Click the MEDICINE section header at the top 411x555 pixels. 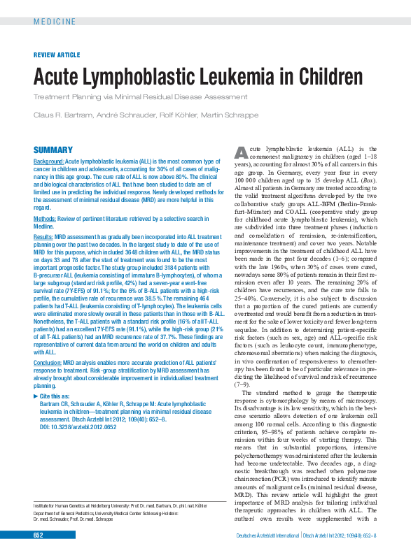click(x=55, y=22)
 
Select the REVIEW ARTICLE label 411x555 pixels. click(x=57, y=55)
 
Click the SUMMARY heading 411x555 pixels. click(x=53, y=150)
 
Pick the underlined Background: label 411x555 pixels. click(x=49, y=161)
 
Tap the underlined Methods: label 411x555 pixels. click(x=46, y=219)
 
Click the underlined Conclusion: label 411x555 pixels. click(x=48, y=363)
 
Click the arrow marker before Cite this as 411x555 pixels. click(x=36, y=396)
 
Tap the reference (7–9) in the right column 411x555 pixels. click(x=240, y=384)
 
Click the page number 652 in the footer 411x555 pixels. click(x=38, y=535)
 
